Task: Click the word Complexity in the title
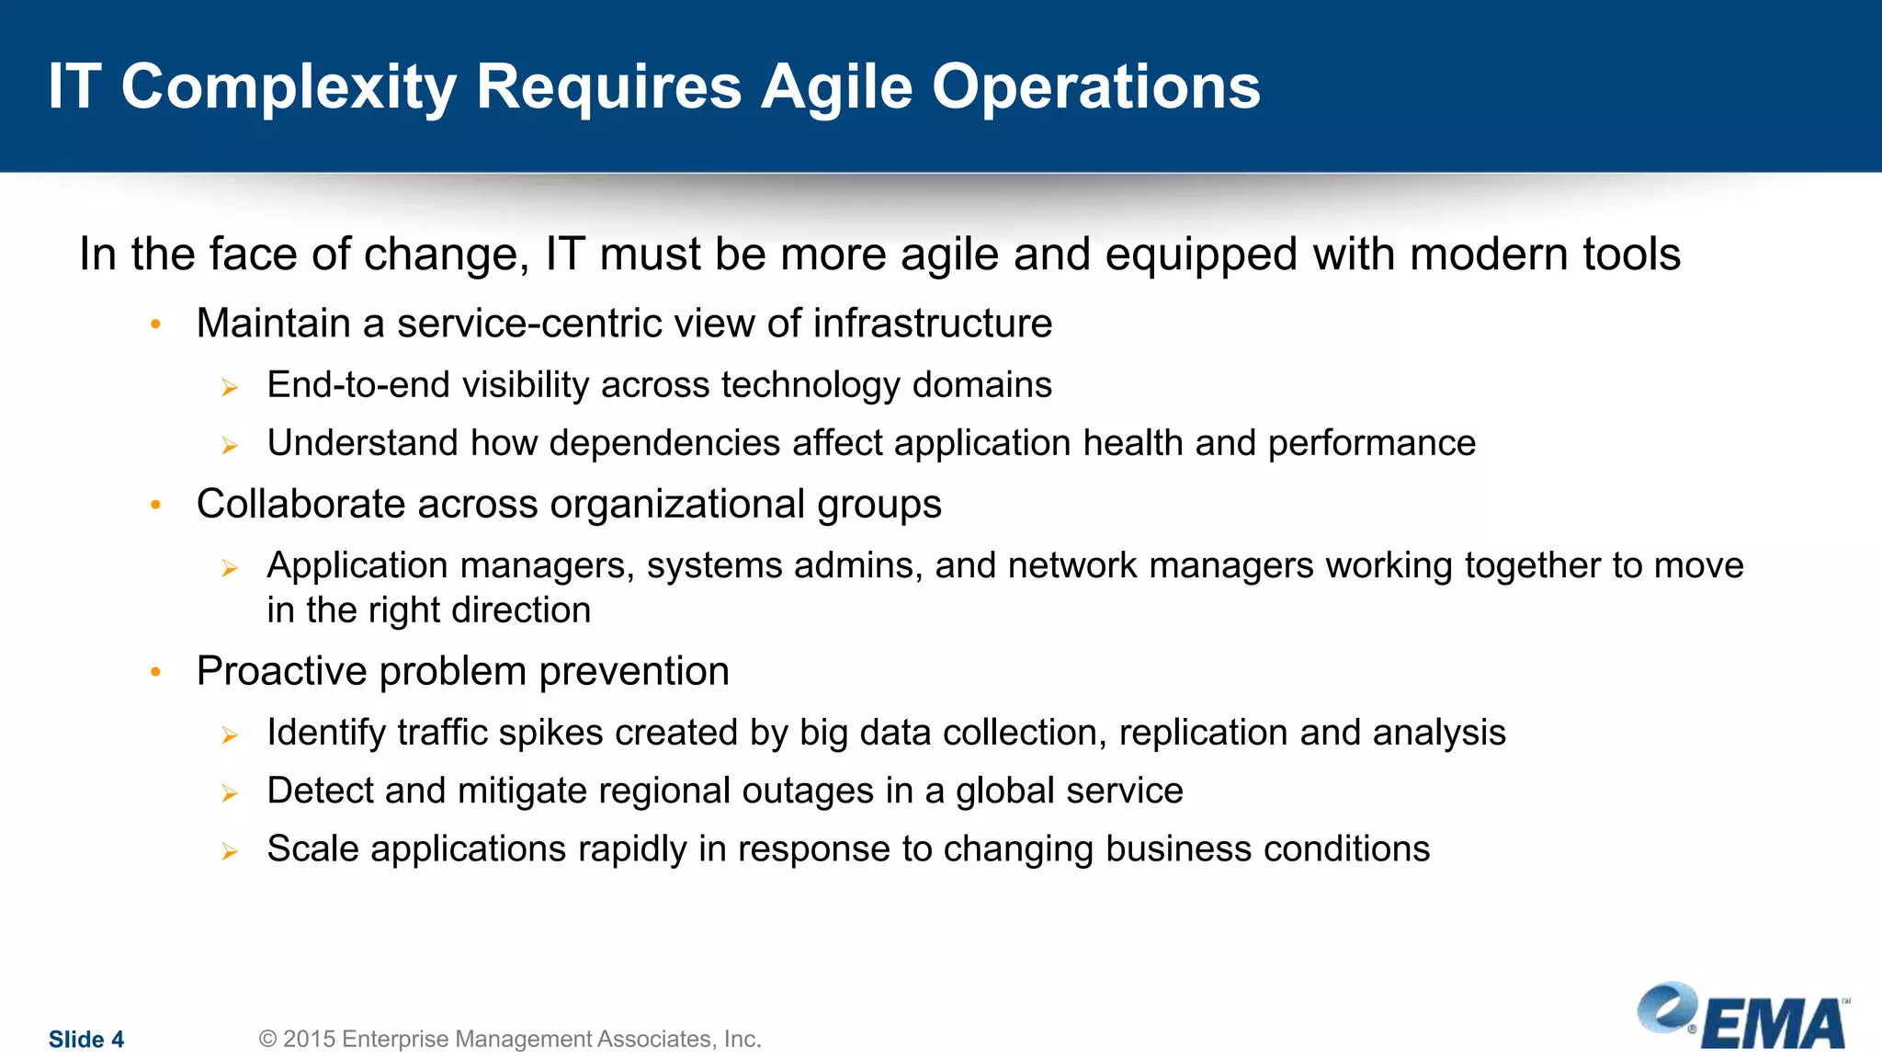[289, 88]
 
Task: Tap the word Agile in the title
[836, 88]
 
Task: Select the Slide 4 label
[86, 1040]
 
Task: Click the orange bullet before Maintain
[156, 324]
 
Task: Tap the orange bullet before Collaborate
[156, 505]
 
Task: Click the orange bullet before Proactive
[156, 672]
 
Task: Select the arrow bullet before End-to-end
[230, 388]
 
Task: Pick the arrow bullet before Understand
[230, 446]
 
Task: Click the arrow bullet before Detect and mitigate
[230, 793]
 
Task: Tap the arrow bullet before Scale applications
[230, 851]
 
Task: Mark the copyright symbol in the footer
[267, 1039]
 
